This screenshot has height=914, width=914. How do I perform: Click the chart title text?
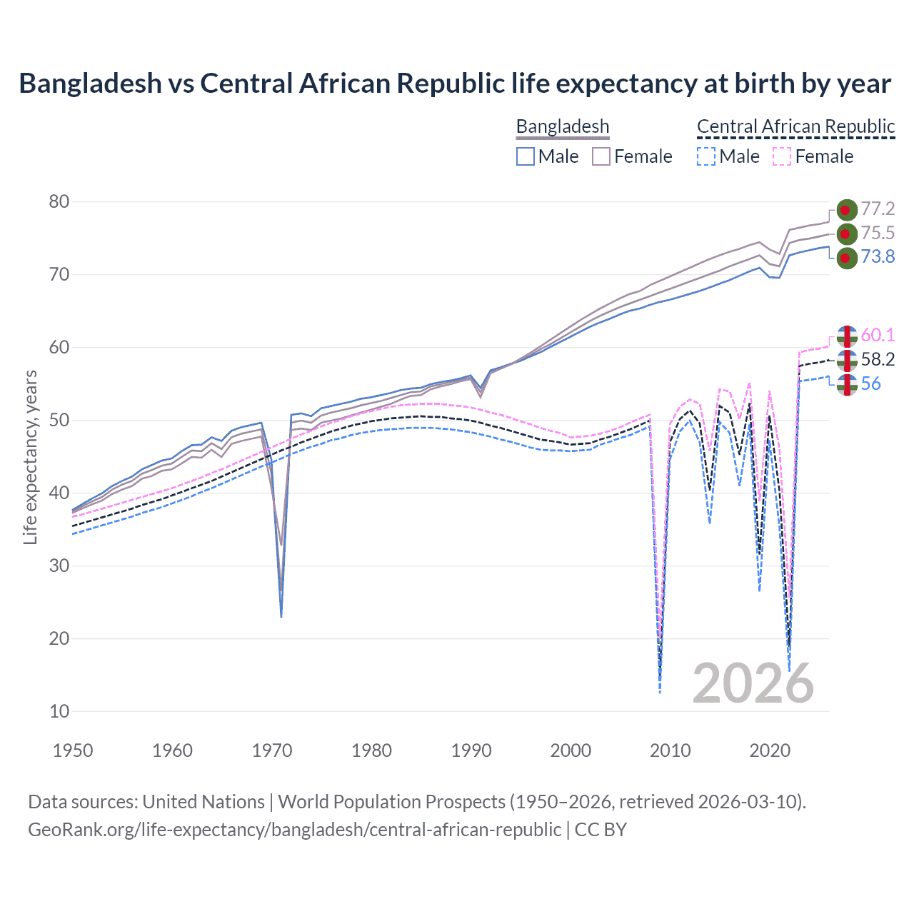pos(455,84)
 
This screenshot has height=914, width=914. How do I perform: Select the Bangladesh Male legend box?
pos(526,156)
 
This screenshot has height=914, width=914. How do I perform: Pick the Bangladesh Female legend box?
pos(601,156)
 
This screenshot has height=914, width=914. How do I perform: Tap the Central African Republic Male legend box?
pos(705,156)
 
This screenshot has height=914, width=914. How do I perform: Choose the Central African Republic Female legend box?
pos(782,156)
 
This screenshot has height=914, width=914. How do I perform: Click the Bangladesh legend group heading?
pos(563,126)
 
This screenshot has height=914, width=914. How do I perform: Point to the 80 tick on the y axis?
pos(59,202)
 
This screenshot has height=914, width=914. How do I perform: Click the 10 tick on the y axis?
pos(59,711)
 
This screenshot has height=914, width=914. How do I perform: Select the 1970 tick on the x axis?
pos(272,750)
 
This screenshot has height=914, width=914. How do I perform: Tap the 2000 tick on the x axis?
pos(571,750)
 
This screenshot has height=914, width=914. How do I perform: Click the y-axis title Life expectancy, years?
pos(30,457)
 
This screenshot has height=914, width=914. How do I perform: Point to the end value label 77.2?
pos(878,209)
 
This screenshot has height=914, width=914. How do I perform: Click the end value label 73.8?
pos(878,257)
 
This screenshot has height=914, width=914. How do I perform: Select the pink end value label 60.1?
pos(878,335)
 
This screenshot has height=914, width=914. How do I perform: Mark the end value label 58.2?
pos(878,359)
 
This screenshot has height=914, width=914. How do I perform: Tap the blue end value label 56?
pos(870,384)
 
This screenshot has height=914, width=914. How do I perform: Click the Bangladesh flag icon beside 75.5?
pos(846,233)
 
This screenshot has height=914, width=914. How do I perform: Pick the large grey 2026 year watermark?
pos(753,683)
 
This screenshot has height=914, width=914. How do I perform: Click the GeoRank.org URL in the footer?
pos(294,830)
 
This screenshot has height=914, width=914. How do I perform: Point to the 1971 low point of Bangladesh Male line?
pos(281,616)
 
